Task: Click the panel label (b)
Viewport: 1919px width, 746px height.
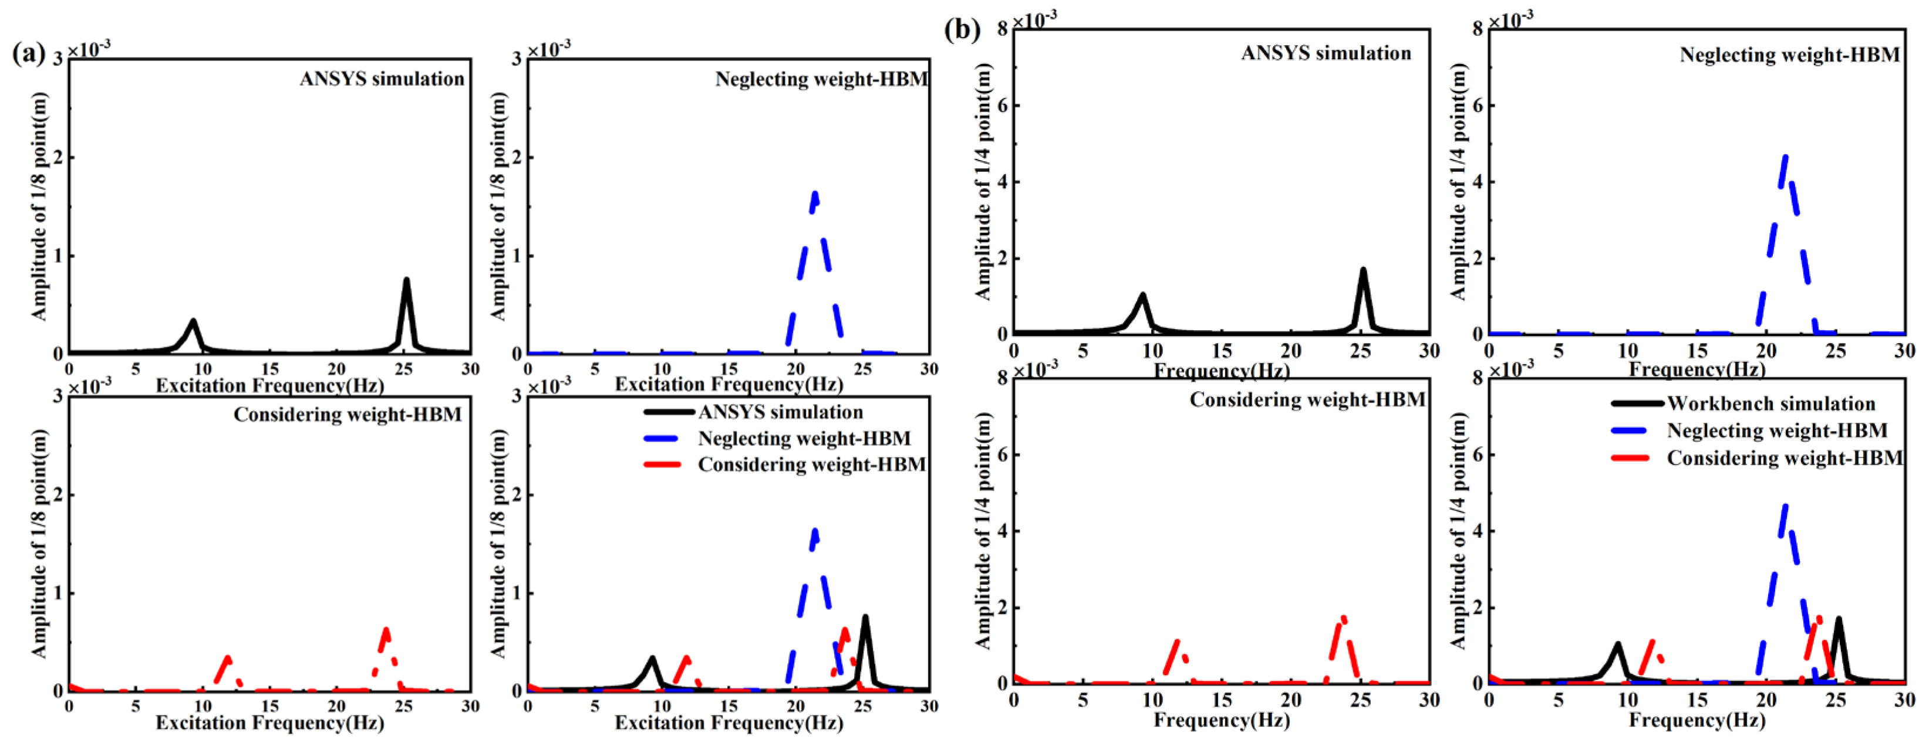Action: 962,30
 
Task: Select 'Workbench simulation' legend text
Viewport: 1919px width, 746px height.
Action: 1770,404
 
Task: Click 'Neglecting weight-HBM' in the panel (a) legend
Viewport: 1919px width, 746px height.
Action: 804,439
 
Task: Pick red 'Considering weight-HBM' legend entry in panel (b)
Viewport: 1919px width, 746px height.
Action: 1783,458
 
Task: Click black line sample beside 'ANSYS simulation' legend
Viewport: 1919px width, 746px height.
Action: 668,412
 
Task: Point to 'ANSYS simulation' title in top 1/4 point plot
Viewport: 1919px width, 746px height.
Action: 1326,53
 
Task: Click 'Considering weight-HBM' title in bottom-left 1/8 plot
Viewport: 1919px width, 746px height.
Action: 347,415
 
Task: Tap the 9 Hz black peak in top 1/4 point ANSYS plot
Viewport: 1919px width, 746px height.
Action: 1141,296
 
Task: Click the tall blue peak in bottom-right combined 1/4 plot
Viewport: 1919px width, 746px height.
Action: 1784,508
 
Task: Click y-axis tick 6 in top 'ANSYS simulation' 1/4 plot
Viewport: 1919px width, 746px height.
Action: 1002,105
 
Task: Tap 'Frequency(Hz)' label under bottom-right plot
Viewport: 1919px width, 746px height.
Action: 1697,720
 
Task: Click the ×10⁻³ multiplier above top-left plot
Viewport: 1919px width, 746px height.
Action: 89,49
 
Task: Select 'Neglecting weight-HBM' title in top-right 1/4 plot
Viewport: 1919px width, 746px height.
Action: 1789,55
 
